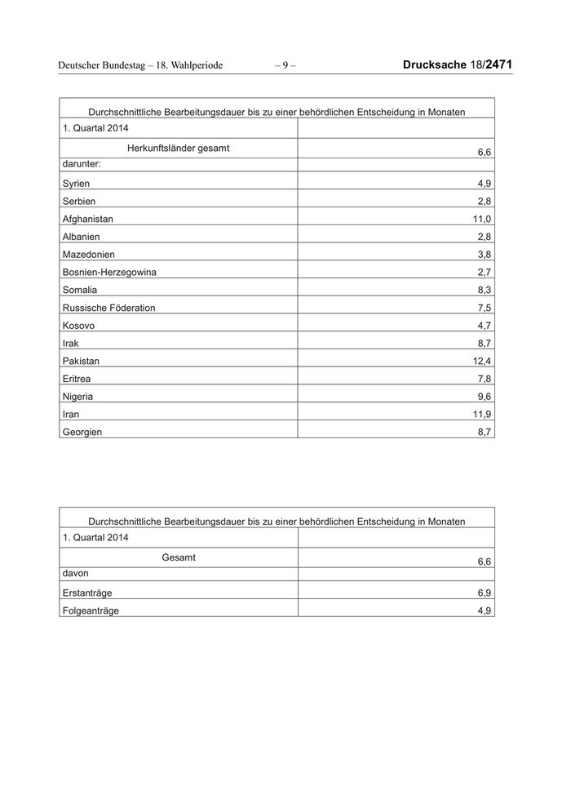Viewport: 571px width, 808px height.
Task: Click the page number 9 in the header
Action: [285, 65]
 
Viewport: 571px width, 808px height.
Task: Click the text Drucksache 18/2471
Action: [458, 64]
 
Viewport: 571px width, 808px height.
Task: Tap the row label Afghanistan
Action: [87, 220]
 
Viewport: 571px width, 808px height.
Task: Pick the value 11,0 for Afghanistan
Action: [482, 220]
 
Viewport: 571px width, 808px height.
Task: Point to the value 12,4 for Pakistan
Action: [482, 362]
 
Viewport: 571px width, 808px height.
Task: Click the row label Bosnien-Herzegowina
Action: [108, 273]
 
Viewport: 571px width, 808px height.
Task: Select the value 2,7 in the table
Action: [485, 273]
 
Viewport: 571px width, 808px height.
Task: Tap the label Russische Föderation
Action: [108, 308]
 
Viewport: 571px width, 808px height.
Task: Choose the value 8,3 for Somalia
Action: [485, 291]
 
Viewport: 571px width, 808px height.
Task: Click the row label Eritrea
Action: [77, 380]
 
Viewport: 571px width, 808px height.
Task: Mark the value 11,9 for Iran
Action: [482, 415]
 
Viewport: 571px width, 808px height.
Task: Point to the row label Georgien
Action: [82, 433]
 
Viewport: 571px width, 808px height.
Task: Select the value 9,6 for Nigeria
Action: [485, 397]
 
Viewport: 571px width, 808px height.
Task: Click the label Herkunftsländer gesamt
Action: [178, 149]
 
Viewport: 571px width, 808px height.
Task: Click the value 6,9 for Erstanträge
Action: [485, 593]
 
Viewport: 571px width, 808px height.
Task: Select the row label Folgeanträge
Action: [91, 610]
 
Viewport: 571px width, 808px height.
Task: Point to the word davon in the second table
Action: [75, 575]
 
